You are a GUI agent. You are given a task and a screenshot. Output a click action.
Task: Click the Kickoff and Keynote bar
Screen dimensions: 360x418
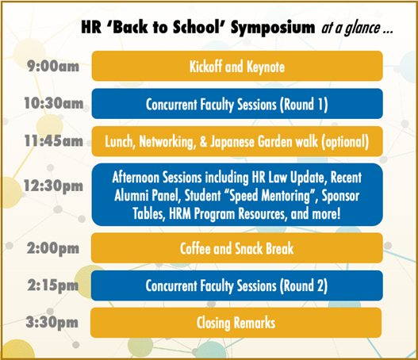(x=237, y=66)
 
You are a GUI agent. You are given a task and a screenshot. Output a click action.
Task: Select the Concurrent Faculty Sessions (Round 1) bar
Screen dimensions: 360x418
(x=237, y=104)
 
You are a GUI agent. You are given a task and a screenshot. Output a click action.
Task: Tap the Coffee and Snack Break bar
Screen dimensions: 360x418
(x=237, y=248)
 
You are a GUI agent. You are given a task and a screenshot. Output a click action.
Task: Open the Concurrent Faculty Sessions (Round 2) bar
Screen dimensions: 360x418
(x=237, y=285)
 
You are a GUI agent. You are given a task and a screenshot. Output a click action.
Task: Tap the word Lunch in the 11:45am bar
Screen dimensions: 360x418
(x=121, y=142)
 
